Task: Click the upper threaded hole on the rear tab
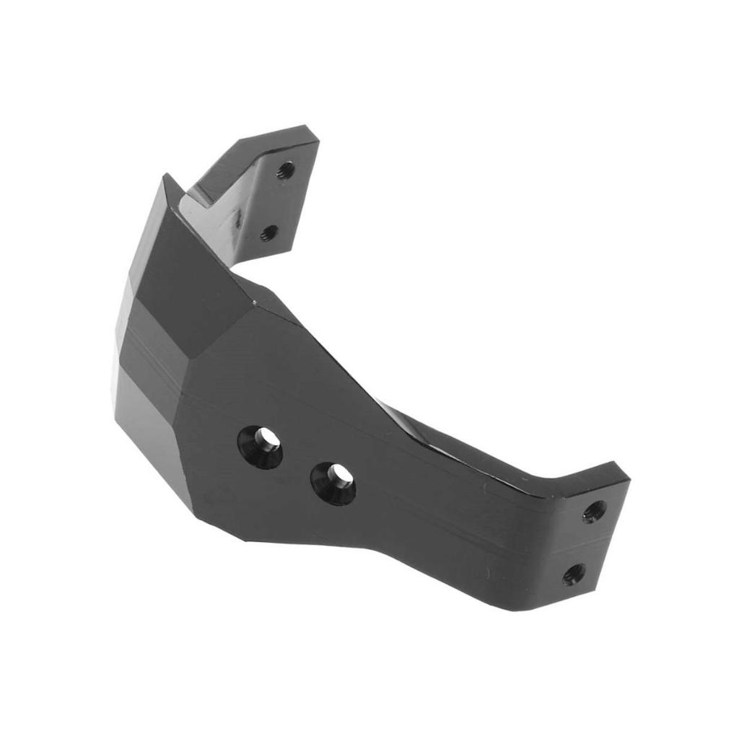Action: pos(286,170)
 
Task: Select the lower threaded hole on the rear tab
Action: pos(269,232)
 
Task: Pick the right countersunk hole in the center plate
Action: pos(335,481)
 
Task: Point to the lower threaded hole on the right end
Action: pos(573,574)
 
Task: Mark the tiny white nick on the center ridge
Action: pos(254,297)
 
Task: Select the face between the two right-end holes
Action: pos(585,543)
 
